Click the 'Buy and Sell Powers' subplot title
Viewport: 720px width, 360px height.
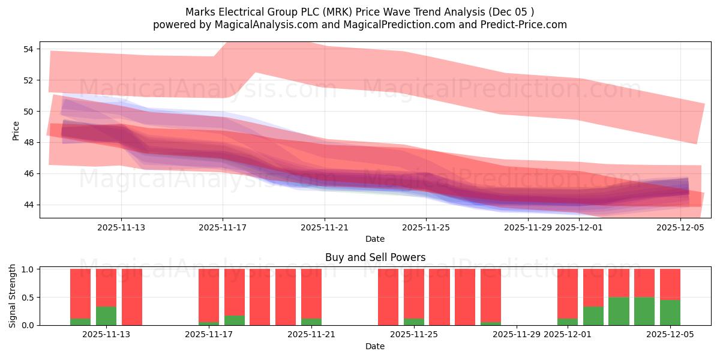click(x=375, y=257)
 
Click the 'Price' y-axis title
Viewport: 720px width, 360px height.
click(x=16, y=130)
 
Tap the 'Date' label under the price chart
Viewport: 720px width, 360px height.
click(x=375, y=239)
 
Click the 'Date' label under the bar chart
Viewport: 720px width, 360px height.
click(x=375, y=346)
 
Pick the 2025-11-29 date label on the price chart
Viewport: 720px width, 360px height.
click(x=527, y=227)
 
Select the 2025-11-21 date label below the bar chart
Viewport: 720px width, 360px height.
click(x=311, y=335)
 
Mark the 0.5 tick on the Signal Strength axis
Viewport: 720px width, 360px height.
click(x=29, y=297)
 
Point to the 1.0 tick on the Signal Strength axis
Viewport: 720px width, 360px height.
click(x=29, y=269)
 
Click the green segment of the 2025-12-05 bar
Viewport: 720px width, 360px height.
click(x=670, y=313)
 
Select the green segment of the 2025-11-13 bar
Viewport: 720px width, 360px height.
click(x=106, y=316)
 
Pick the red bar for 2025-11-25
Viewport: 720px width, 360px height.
click(x=413, y=293)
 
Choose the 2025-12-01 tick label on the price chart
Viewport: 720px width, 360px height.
click(x=579, y=227)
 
